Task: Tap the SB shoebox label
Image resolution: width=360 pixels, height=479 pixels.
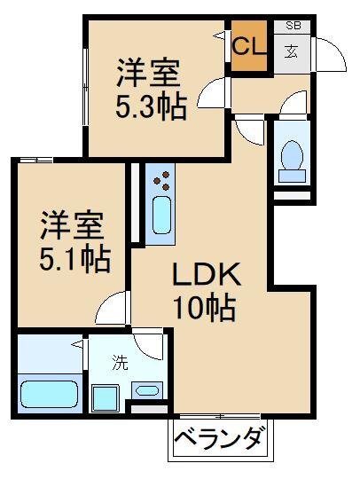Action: click(293, 27)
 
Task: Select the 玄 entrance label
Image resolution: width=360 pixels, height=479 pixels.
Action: click(291, 50)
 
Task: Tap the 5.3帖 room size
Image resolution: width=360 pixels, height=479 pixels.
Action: click(151, 106)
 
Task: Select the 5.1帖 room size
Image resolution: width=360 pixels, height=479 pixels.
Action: click(74, 258)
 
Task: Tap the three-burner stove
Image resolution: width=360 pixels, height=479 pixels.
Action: click(162, 184)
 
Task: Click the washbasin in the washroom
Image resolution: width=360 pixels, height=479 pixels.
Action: click(147, 389)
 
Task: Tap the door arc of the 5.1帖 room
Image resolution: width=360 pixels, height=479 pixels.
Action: click(112, 310)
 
